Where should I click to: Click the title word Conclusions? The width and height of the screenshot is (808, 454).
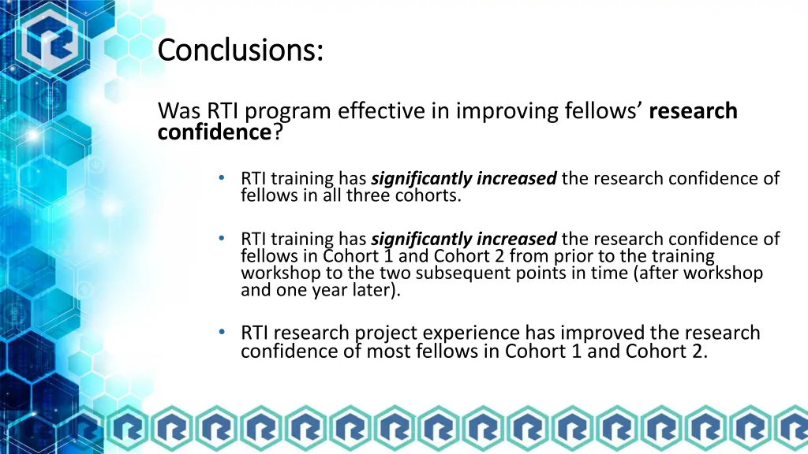(x=240, y=50)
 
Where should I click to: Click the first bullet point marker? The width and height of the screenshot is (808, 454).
(x=222, y=178)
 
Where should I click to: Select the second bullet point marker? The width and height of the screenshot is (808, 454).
(x=222, y=238)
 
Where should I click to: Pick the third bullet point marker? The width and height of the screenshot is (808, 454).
(x=222, y=332)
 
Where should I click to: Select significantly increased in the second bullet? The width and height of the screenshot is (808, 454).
(x=464, y=239)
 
